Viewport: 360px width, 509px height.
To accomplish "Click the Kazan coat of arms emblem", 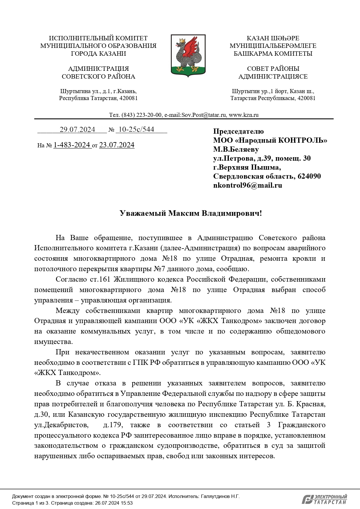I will (188, 55).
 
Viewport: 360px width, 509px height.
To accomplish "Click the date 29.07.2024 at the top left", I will (77, 130).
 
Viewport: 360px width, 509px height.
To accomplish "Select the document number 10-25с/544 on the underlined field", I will (136, 129).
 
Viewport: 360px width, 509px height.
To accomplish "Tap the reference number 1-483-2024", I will (72, 145).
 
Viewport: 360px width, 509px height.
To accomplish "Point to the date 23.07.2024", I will (117, 145).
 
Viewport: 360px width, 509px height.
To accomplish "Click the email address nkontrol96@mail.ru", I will (247, 185).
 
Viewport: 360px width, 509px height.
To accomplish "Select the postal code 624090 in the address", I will (309, 176).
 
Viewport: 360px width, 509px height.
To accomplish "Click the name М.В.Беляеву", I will (236, 149).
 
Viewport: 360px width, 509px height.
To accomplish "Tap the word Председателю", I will (238, 131).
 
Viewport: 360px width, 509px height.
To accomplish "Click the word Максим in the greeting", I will (184, 213).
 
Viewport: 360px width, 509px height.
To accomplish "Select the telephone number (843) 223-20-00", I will (142, 115).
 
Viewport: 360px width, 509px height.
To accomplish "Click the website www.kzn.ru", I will (244, 115).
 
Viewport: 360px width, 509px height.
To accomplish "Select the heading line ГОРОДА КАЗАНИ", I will (98, 53).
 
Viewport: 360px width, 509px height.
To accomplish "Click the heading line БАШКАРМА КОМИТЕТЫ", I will (273, 53).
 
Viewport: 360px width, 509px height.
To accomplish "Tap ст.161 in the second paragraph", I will (98, 279).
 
